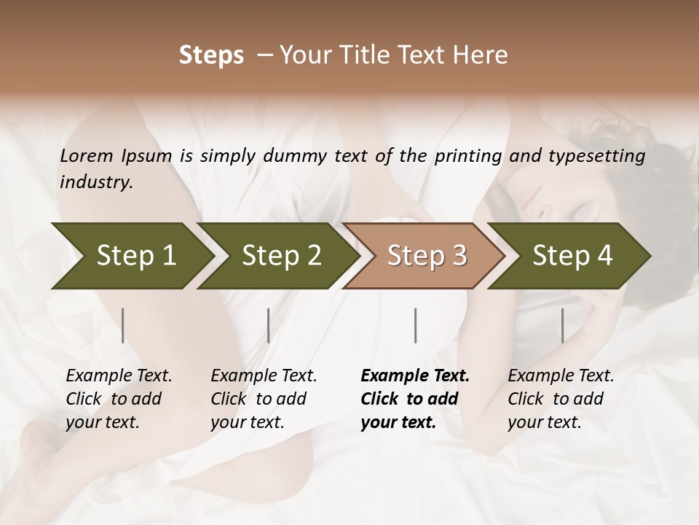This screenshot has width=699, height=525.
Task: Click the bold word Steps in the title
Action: (211, 55)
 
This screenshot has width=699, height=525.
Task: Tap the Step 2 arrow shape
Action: (281, 255)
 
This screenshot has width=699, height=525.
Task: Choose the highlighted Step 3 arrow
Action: (427, 255)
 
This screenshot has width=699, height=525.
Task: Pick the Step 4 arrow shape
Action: (572, 255)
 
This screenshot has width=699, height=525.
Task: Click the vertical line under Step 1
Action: (123, 325)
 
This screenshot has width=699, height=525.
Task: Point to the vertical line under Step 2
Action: (269, 325)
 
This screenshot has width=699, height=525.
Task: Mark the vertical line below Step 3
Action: (416, 325)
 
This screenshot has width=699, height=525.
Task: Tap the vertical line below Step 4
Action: (562, 325)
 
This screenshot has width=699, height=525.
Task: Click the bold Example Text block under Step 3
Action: (415, 399)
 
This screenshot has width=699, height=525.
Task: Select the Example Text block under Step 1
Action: (119, 399)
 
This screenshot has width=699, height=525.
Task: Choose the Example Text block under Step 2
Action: (264, 399)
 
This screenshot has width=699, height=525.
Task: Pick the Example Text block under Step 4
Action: (561, 399)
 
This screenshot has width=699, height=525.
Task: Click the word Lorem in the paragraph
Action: (86, 155)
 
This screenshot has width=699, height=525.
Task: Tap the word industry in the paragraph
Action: (96, 182)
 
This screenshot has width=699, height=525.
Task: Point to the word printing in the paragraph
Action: (467, 155)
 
